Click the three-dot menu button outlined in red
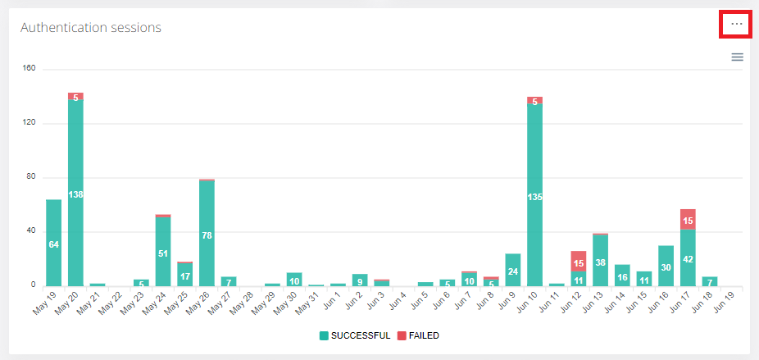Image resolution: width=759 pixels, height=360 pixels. coord(737,25)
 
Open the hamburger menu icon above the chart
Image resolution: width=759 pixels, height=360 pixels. coord(737,57)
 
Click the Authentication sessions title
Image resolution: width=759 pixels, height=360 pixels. coord(90,28)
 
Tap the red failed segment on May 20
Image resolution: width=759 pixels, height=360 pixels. coord(75,97)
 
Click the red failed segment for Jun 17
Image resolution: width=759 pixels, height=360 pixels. coord(688,219)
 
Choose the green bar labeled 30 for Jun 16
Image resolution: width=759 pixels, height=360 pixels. coord(666,266)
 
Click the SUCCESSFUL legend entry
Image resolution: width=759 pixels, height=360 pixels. coord(354,335)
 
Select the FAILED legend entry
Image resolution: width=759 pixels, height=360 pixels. coord(418,335)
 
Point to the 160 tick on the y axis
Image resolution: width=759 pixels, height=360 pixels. coord(30,69)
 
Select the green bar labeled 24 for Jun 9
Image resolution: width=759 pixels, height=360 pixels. coord(513,270)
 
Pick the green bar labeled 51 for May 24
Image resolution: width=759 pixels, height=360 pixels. coord(163,251)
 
